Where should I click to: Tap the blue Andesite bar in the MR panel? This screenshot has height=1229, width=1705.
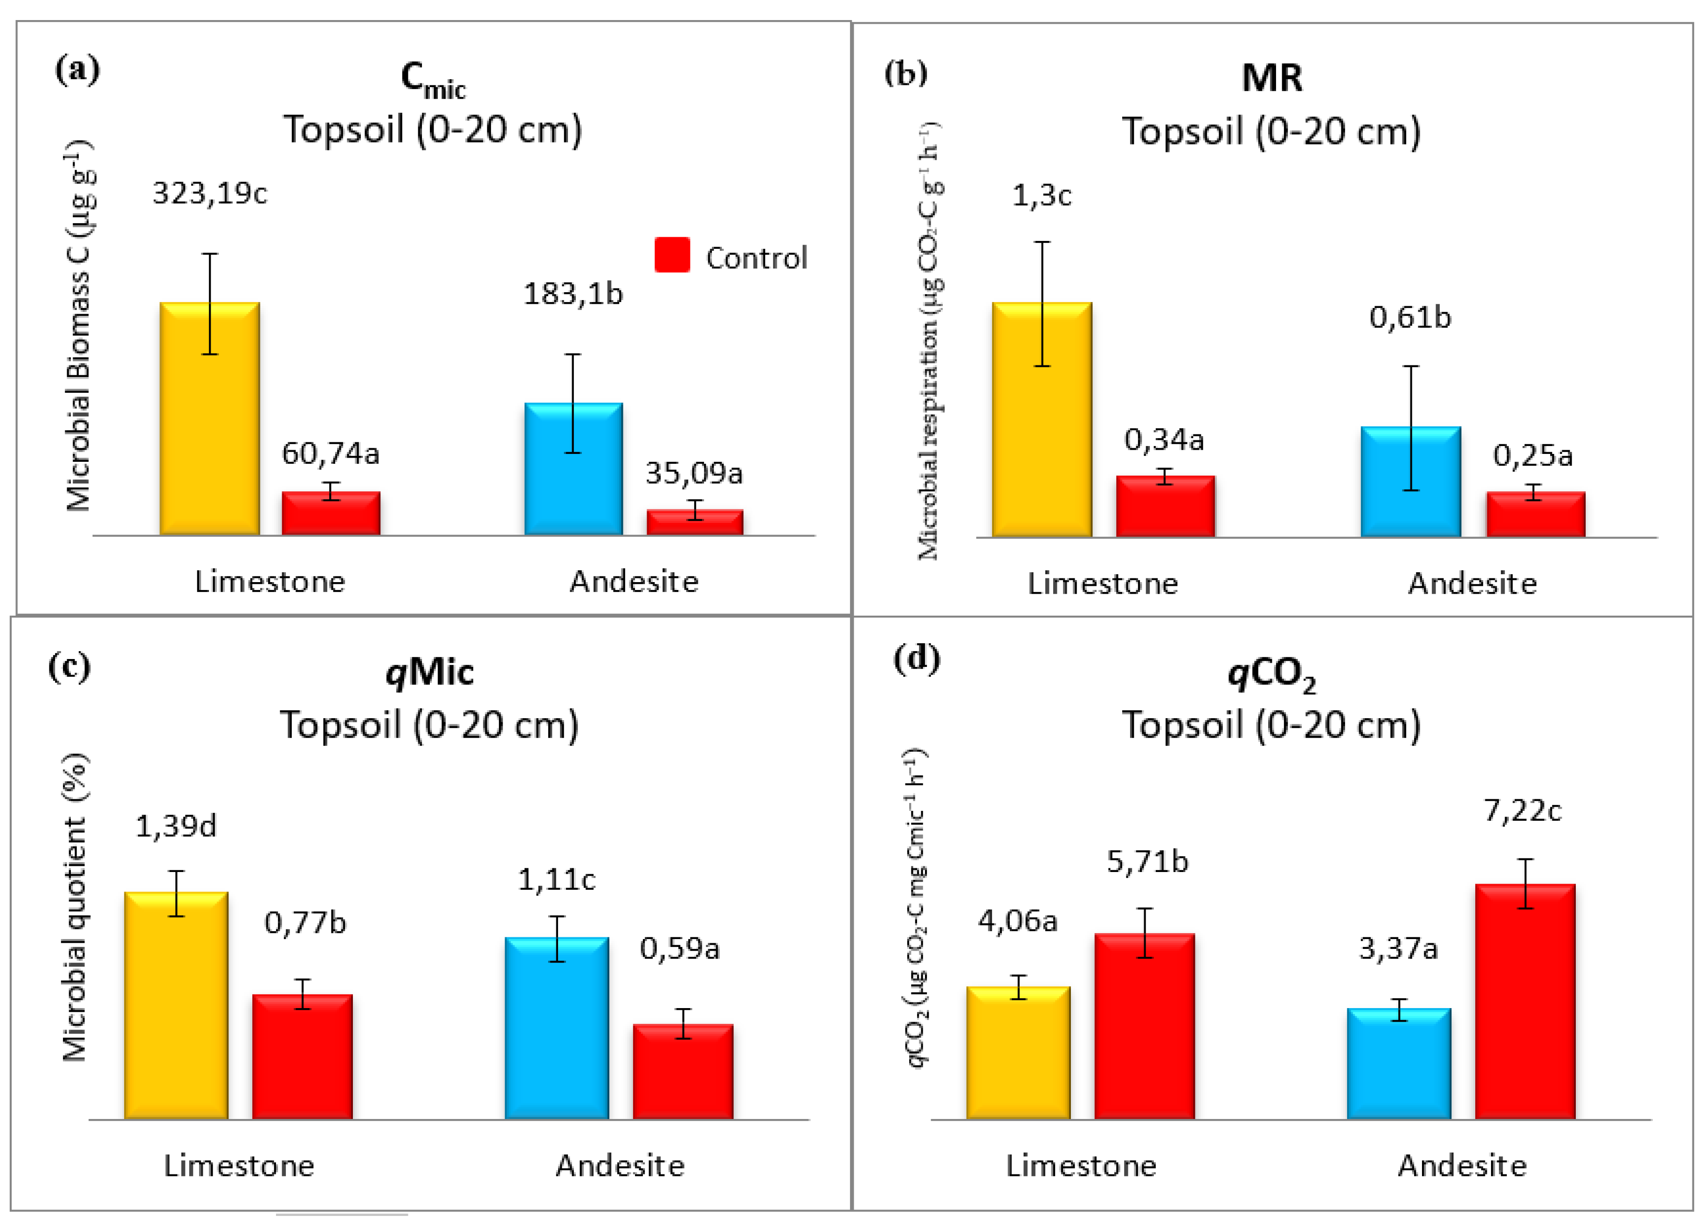click(1410, 481)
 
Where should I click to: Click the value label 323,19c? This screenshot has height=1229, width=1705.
click(210, 194)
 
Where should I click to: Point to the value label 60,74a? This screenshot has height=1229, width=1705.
click(330, 453)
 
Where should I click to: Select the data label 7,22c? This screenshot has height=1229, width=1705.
click(1522, 810)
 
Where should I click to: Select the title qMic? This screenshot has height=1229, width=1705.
click(429, 671)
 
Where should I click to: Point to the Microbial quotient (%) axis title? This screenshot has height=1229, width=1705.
click(75, 907)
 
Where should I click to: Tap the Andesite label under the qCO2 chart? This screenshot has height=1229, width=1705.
click(1462, 1165)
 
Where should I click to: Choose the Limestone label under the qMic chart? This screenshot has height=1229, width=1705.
click(239, 1165)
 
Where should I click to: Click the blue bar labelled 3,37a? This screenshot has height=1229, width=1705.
click(1398, 1064)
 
